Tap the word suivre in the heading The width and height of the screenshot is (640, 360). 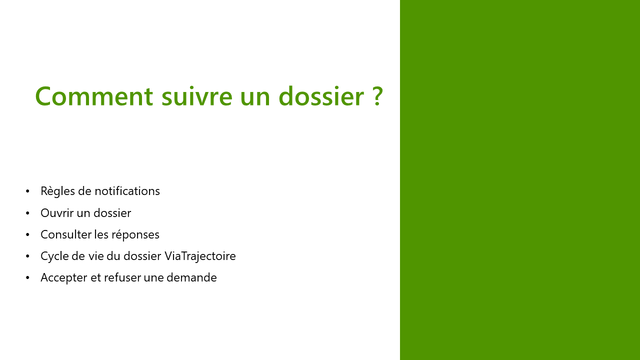coord(197,96)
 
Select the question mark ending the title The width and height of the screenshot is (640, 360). coord(377,96)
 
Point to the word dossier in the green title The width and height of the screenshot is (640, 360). coord(321,96)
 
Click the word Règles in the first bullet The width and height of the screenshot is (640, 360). coord(57,191)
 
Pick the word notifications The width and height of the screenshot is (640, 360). coord(127,191)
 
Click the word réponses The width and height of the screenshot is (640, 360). coord(135,235)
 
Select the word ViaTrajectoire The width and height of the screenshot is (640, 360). coord(200,256)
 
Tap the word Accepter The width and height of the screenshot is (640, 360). coord(63,278)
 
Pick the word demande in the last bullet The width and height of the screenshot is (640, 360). coord(191,277)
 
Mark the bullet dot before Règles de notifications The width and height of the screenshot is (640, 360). coord(27,191)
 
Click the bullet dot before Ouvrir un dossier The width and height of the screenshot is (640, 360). coord(27,213)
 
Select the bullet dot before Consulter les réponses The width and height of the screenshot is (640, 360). coord(27,234)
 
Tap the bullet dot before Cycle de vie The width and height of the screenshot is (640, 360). coord(27,256)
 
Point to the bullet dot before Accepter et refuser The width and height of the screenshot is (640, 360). coord(27,277)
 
